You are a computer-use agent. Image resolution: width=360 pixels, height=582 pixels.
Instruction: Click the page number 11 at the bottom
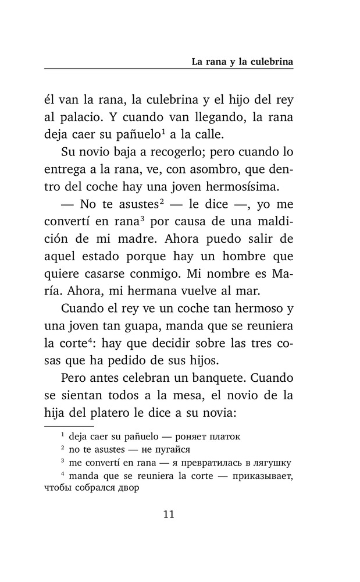coord(169,514)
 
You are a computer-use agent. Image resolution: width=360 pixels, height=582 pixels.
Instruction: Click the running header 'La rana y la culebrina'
coord(243,61)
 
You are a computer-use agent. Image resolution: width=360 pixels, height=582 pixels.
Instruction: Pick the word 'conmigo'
coord(159,275)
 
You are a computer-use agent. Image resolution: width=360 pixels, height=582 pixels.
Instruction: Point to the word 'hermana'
coord(164,293)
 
